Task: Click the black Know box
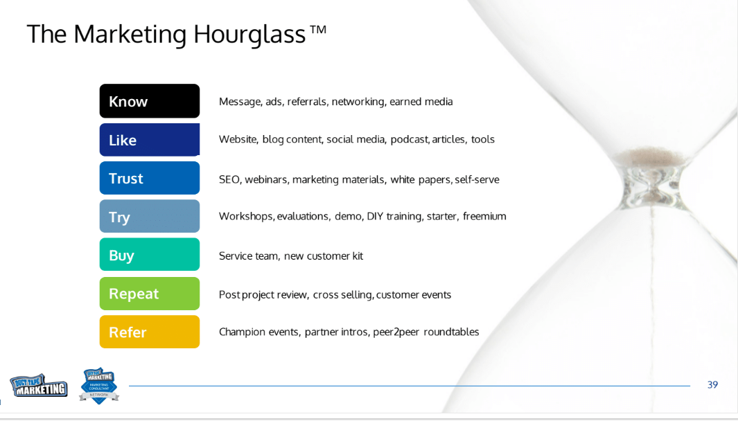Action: click(x=149, y=101)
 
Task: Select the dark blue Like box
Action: click(x=149, y=140)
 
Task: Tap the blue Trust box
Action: click(x=149, y=178)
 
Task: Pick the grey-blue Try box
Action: click(x=149, y=216)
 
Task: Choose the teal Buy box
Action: click(x=149, y=255)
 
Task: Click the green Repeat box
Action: click(x=149, y=294)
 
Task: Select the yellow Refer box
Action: click(x=149, y=332)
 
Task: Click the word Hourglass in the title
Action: click(x=249, y=35)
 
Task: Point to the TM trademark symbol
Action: click(x=318, y=30)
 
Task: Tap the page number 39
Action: click(x=712, y=385)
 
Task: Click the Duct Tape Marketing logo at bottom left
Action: click(x=39, y=386)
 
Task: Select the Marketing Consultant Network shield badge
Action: click(x=99, y=386)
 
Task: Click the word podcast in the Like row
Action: click(x=409, y=140)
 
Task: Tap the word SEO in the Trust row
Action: click(x=230, y=180)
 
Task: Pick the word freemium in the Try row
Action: click(x=484, y=216)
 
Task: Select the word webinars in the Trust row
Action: click(x=267, y=180)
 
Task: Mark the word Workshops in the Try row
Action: click(x=247, y=216)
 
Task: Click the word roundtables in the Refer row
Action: click(x=451, y=332)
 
